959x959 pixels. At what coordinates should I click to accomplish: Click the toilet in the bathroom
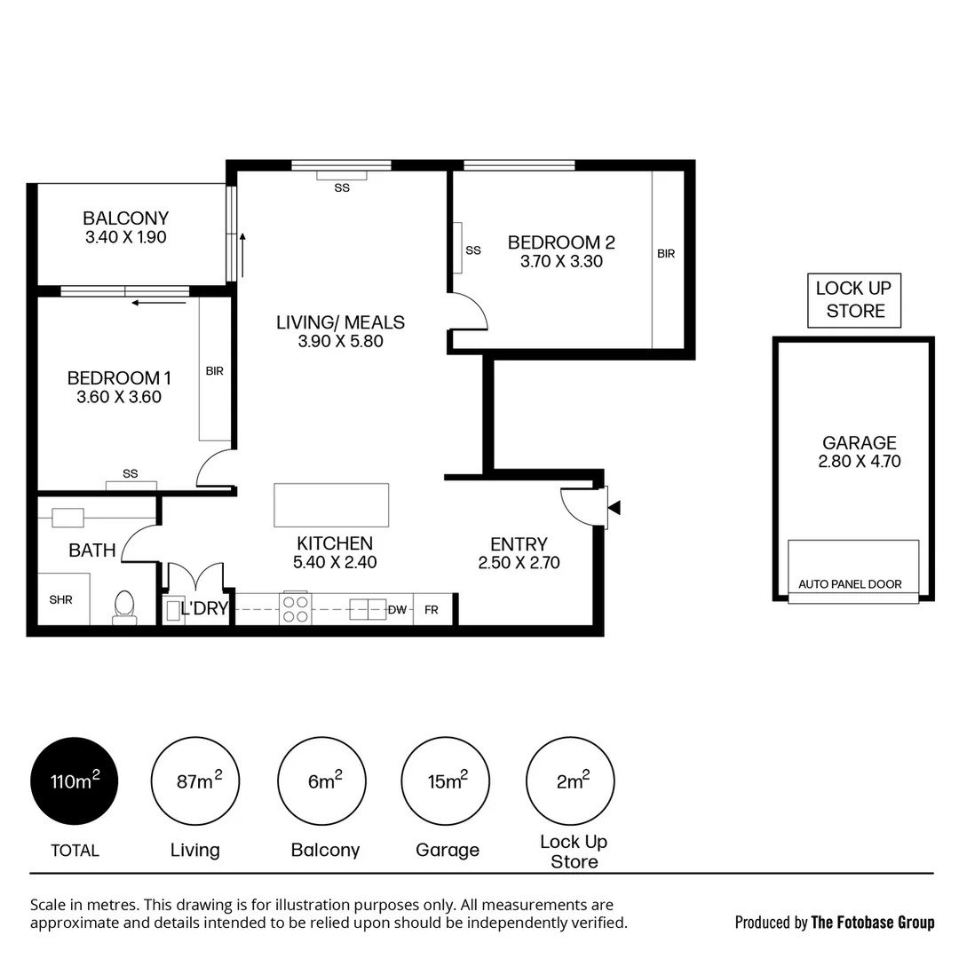coord(124,606)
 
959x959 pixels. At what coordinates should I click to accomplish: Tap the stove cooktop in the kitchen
coord(296,608)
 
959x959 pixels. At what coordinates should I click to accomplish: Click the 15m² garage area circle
coord(447,781)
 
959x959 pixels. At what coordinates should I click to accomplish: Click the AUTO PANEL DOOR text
coord(850,584)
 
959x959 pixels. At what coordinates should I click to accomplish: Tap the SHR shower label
coord(60,600)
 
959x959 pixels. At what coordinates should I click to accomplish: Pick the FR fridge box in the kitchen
coord(432,610)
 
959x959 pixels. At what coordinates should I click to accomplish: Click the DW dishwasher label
coord(398,610)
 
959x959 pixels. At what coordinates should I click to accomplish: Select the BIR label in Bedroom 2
coord(666,254)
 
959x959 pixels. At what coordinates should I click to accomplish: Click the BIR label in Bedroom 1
coord(214,371)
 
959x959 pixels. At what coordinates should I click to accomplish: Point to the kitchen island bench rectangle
coord(331,504)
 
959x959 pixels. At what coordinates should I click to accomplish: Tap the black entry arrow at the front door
coord(614,508)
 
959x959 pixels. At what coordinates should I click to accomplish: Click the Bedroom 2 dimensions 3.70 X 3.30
coord(561,262)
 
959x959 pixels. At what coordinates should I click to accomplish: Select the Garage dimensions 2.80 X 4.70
coord(859,462)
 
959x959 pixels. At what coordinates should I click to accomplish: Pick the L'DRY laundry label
coord(204,609)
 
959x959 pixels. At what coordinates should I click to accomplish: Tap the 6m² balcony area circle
coord(322,781)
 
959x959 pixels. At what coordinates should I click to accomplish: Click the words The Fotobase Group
coord(873,923)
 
